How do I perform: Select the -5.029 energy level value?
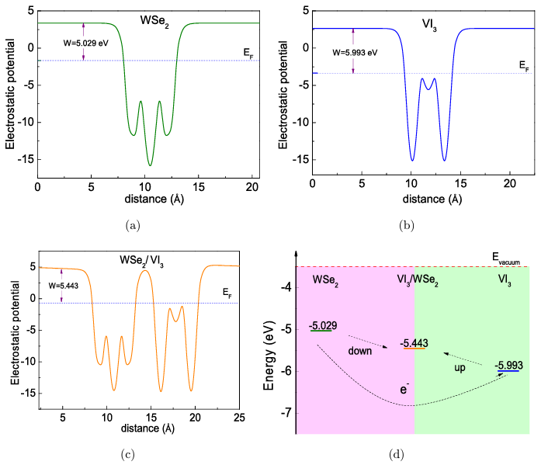pyautogui.click(x=321, y=324)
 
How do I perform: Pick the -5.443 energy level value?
pyautogui.click(x=414, y=342)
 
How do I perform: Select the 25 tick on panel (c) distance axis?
pyautogui.click(x=239, y=418)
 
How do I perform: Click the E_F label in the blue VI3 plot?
pyautogui.click(x=525, y=68)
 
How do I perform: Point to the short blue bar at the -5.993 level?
pyautogui.click(x=508, y=372)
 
